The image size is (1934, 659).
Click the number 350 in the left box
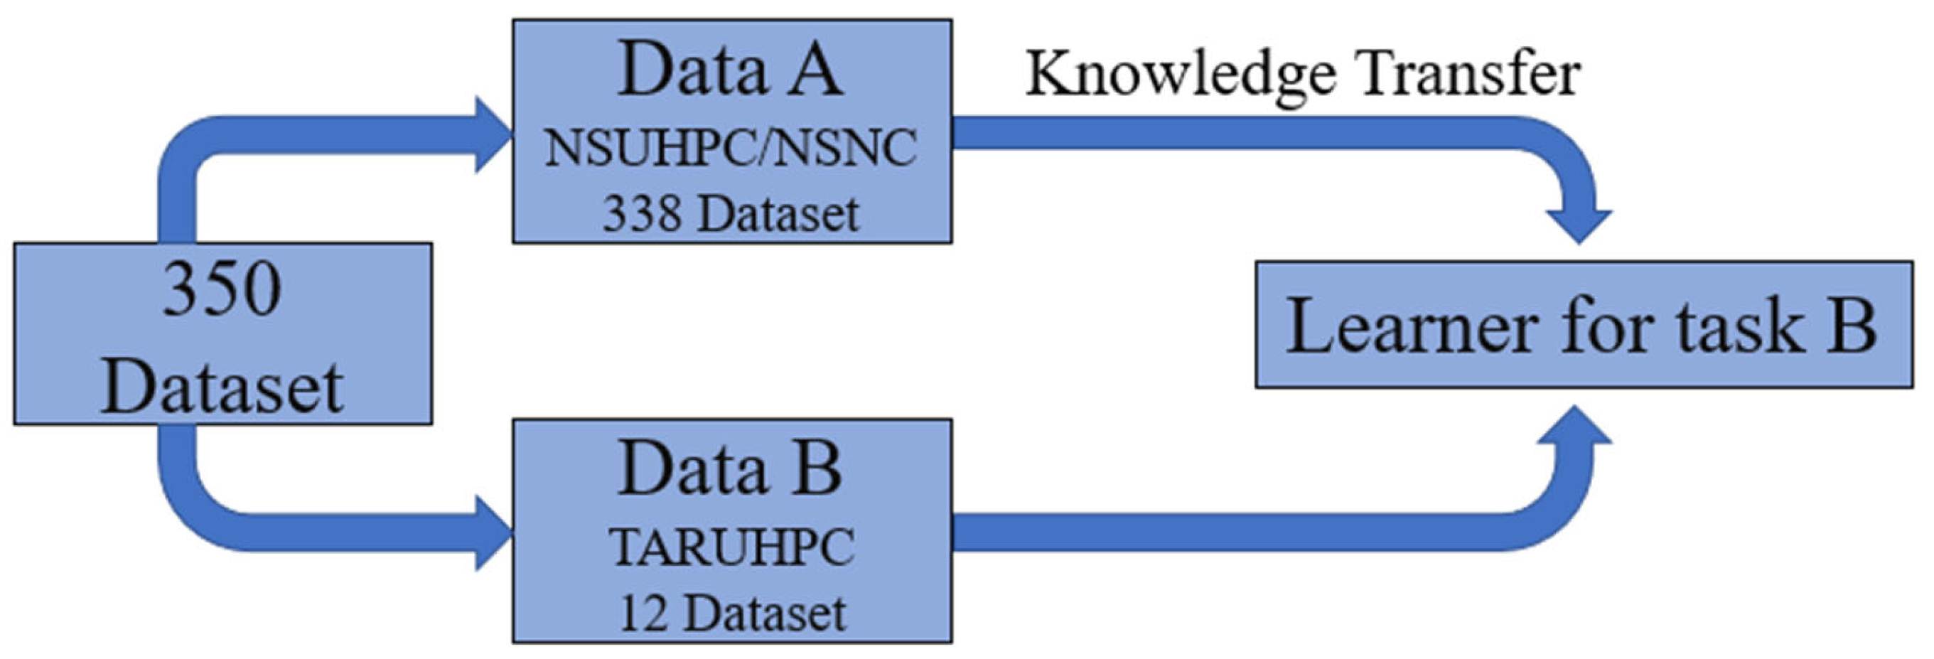222,291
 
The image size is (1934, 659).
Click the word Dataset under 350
222,388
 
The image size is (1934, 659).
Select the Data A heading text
730,70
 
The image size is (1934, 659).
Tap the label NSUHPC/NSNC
730,148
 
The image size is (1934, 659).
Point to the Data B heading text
730,470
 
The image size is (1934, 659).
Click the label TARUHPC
732,547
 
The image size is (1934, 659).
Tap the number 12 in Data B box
644,614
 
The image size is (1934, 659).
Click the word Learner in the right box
1412,326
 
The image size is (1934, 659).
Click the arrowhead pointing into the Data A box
493,136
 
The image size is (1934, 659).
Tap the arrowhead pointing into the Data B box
493,533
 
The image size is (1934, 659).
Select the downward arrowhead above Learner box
1579,225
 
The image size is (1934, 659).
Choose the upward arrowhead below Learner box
1579,427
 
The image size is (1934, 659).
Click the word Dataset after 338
778,215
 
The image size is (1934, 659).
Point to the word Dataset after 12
765,614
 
